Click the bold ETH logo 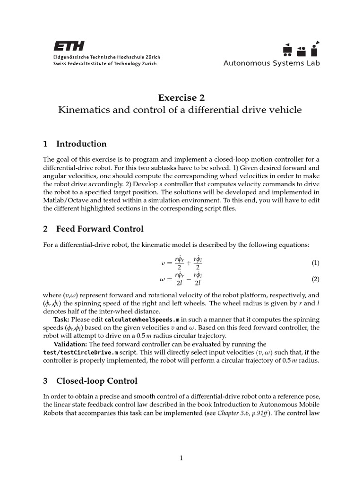[69, 46]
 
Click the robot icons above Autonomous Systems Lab [301, 48]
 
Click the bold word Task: [62, 320]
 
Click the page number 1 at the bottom [181, 458]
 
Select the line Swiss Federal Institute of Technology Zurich [104, 64]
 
